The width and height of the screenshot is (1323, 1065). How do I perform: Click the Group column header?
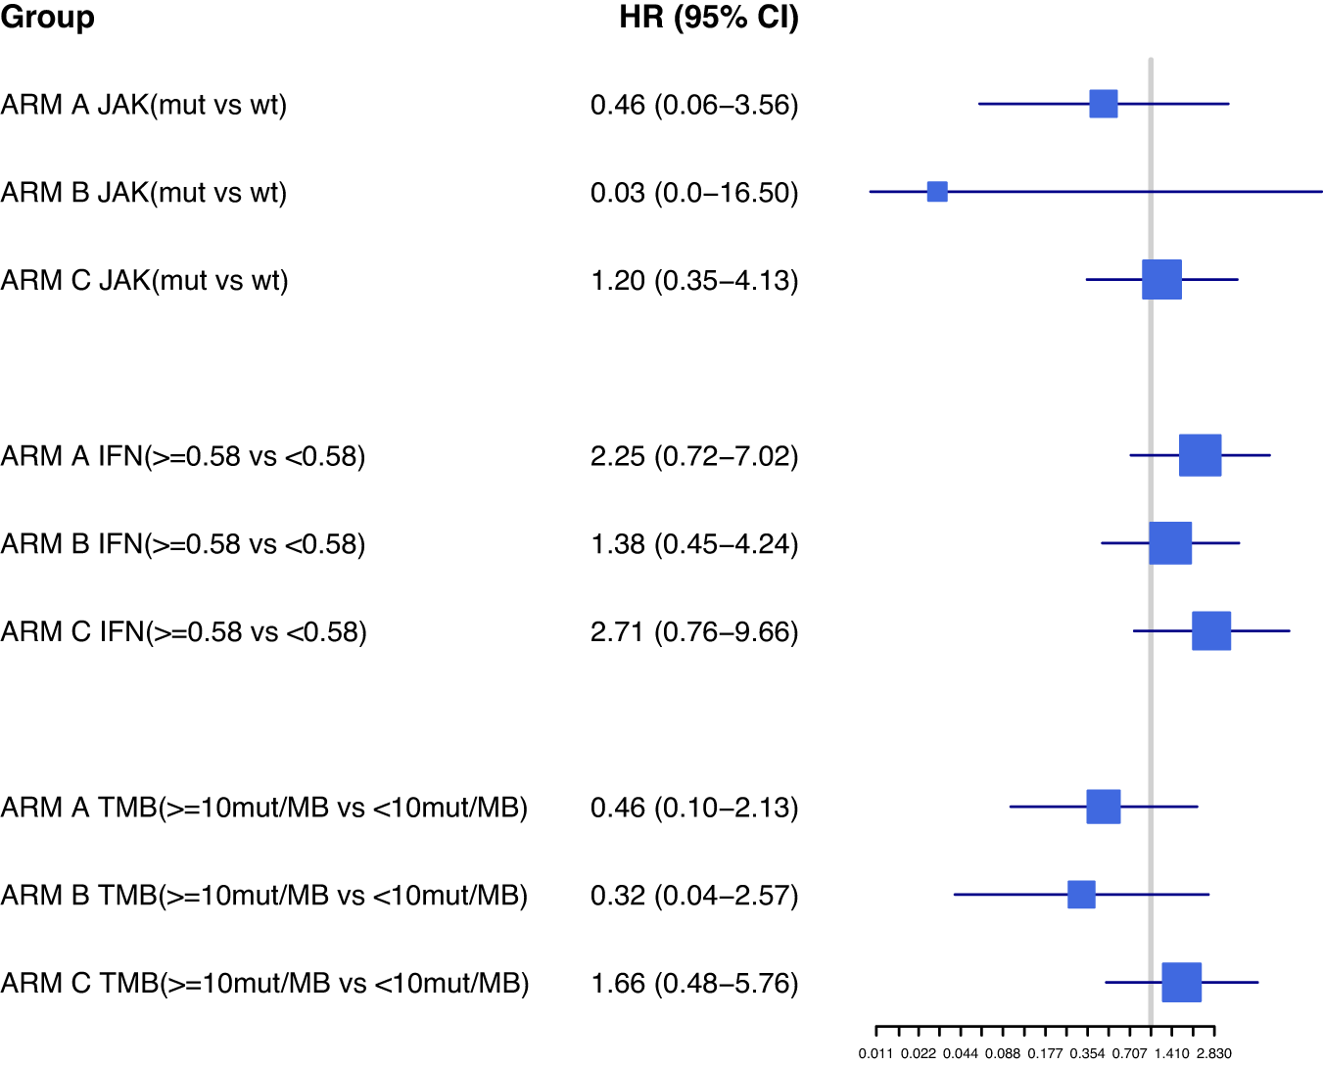pos(48,18)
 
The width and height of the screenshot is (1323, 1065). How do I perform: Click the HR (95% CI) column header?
pos(709,18)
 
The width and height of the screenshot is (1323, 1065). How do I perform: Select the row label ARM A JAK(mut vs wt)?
pos(144,105)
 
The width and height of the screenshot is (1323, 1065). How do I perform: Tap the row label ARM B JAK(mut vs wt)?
pos(144,193)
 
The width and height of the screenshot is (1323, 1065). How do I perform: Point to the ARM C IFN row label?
pos(184,632)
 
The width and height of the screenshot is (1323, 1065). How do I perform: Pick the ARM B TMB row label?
pos(264,896)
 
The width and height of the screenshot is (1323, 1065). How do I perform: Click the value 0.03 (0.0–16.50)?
pos(694,193)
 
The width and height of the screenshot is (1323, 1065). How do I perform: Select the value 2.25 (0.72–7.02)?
pos(694,456)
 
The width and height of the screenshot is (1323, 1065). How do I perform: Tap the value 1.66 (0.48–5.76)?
pos(694,984)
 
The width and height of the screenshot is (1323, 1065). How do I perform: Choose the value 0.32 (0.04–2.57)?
pos(694,896)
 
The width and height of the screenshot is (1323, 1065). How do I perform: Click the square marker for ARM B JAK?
pos(937,192)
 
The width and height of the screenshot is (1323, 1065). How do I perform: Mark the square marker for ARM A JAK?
pos(1104,103)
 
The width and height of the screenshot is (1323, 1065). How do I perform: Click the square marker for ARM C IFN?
pos(1211,630)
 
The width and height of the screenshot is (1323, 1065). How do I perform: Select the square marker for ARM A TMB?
pos(1104,807)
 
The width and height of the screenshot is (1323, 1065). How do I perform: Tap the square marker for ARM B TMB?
pos(1081,895)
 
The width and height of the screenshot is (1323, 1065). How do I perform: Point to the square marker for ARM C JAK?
pos(1161,280)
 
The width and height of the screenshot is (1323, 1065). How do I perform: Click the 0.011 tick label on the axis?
pos(875,1054)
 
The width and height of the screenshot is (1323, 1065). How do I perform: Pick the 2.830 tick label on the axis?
pos(1213,1054)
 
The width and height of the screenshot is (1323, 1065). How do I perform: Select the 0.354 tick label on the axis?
pos(1087,1054)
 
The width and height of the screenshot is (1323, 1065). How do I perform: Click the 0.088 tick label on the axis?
pos(1003,1054)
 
